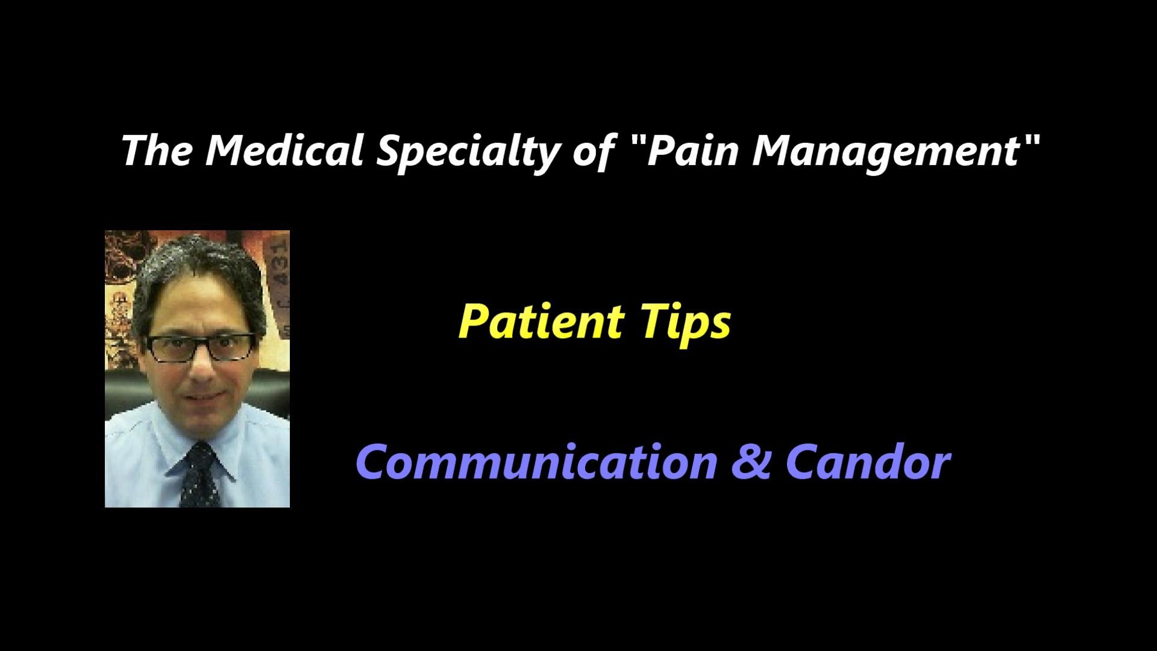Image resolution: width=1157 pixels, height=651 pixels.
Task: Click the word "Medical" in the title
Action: pos(284,151)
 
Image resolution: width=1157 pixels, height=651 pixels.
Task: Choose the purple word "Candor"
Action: pos(868,462)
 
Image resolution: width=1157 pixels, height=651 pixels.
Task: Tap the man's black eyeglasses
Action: pos(201,347)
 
